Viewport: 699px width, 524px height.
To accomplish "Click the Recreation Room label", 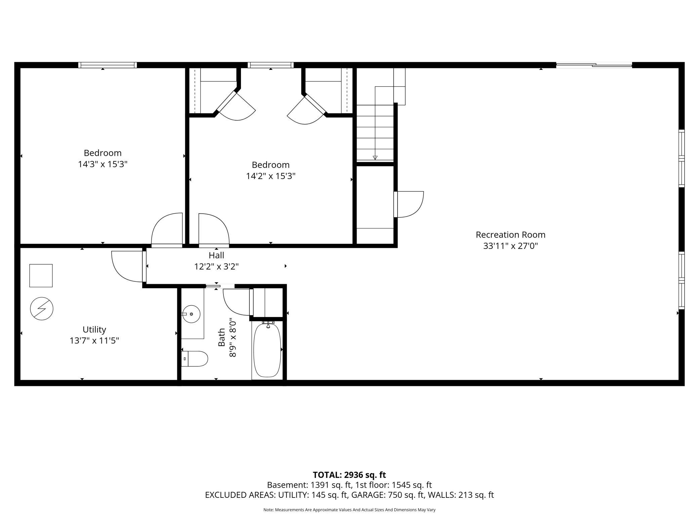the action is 510,235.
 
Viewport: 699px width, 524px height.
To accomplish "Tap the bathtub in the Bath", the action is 267,350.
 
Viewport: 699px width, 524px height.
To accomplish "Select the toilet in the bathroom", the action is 195,359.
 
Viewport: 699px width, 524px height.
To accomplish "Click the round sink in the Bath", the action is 191,314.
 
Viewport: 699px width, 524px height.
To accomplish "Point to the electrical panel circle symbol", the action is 42,309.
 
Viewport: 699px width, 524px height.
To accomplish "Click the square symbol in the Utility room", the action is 41,276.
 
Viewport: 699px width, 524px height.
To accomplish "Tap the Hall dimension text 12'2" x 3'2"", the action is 216,267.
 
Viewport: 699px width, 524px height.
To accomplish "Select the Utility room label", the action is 94,330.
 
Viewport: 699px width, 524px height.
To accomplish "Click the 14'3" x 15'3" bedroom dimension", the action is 103,164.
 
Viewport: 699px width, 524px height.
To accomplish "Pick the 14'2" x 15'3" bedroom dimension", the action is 271,176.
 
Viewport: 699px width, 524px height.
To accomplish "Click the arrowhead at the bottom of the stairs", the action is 375,158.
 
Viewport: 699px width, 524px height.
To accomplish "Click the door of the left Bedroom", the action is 167,230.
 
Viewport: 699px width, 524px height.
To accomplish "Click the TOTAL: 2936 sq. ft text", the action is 349,475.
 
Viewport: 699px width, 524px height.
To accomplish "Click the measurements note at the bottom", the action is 349,510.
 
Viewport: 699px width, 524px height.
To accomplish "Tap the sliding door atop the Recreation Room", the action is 594,65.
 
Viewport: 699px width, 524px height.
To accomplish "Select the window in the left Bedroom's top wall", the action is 108,65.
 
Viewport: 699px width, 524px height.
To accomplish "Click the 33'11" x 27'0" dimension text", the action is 510,246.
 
